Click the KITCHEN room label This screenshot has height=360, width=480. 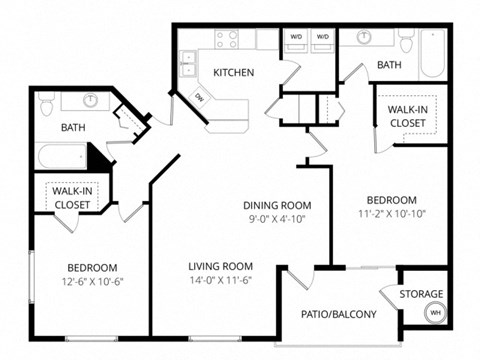pos(233,72)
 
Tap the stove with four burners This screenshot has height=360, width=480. pos(227,40)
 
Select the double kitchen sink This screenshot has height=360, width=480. pos(187,63)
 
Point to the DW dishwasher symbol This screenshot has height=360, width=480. pos(199,97)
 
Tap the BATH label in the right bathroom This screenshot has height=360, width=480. pos(389,66)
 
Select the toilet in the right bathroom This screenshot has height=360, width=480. pos(406,41)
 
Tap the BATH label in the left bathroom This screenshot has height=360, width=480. pos(73,128)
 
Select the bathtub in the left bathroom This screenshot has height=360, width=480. pos(63,157)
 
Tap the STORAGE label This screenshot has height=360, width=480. pos(421,294)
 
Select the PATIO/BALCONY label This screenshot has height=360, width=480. pos(339,314)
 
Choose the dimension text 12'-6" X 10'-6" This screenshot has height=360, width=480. pos(93,283)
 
